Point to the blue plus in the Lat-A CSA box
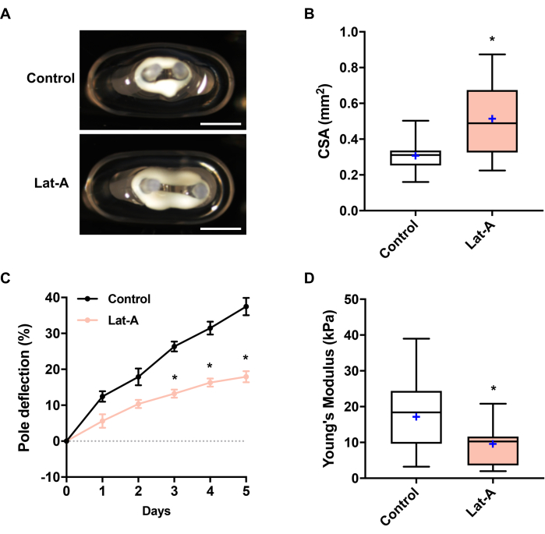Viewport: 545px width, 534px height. pyautogui.click(x=492, y=118)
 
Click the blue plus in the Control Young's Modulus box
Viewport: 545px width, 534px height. pyautogui.click(x=416, y=417)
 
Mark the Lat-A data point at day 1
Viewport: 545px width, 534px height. pyautogui.click(x=103, y=421)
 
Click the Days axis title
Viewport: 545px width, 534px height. pyautogui.click(x=157, y=511)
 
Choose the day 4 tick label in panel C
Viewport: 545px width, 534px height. pyautogui.click(x=211, y=492)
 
